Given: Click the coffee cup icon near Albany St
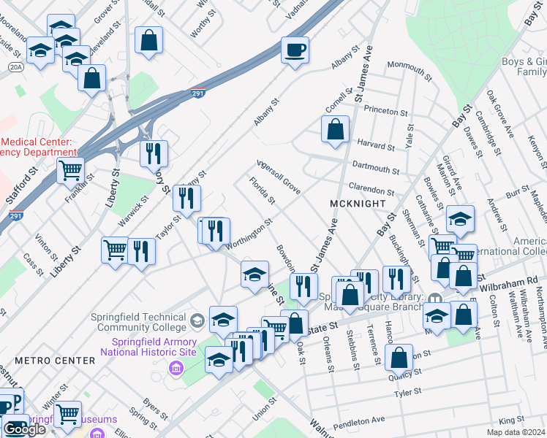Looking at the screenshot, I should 295,50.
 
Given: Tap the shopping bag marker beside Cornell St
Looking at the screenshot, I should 334,129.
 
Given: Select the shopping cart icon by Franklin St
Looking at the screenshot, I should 70,171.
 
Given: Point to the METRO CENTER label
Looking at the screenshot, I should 55,361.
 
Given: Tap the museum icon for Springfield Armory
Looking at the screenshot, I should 176,366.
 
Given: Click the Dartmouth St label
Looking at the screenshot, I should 375,169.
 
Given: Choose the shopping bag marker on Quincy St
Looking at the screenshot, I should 399,358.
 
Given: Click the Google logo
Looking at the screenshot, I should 24,429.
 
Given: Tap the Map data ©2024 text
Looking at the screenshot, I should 515,432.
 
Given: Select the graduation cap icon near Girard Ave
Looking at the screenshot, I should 461,218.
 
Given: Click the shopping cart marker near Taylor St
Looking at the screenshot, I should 116,250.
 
